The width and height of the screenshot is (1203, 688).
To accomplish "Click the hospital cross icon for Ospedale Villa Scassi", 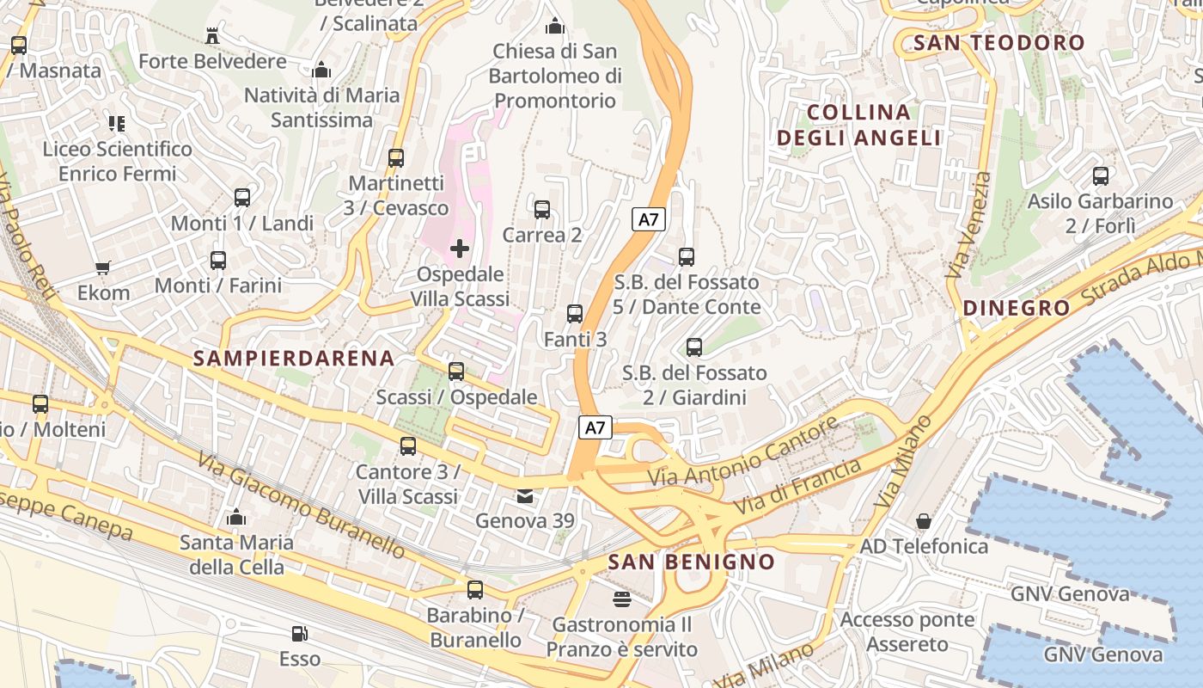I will (460, 249).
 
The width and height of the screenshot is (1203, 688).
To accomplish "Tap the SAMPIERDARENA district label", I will (294, 359).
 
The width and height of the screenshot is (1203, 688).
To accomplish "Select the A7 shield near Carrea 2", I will (649, 219).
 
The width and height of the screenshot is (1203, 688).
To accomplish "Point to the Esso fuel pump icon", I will (299, 634).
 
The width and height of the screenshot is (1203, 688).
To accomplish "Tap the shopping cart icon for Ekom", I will (103, 267).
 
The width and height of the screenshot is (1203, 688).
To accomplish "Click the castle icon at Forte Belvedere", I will (212, 36).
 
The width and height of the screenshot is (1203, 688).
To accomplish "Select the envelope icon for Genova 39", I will (524, 496).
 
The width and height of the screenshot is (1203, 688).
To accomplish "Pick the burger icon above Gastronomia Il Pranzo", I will (621, 599).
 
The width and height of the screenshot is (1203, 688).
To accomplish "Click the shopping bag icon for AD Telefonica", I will (924, 521).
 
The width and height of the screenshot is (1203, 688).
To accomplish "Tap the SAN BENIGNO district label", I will (691, 562).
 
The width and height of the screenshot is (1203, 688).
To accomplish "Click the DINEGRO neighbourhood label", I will (1017, 308).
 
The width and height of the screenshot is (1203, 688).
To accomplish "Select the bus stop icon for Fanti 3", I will (575, 314).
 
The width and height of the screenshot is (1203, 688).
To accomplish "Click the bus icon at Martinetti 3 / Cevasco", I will (396, 158).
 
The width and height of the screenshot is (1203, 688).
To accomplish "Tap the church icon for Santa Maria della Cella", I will (236, 518).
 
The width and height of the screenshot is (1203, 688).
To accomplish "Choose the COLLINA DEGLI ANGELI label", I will (858, 125).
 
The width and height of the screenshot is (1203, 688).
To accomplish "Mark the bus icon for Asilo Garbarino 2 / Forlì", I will (1101, 176).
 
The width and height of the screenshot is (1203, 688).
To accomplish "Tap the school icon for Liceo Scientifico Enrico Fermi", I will (117, 124).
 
